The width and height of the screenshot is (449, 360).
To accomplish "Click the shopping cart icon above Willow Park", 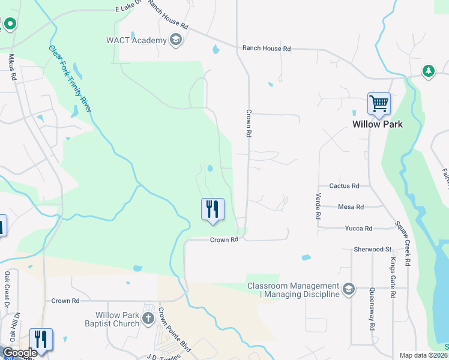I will click(379, 104).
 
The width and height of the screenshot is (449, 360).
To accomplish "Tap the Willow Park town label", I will click(377, 124).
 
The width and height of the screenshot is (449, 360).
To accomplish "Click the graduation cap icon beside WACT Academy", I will click(176, 40).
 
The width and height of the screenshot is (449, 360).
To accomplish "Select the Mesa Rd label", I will click(351, 207).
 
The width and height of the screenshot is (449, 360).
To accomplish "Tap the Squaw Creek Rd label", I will click(402, 243).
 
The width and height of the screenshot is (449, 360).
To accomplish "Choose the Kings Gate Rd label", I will click(393, 277).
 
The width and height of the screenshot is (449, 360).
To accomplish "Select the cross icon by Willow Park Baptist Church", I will click(148, 319).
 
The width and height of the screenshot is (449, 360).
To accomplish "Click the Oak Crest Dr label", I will click(7, 286).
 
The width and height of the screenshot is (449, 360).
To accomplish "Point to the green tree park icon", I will click(428, 71).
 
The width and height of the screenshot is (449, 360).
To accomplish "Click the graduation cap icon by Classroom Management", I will click(348, 290).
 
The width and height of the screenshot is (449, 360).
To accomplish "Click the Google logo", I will click(20, 353).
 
